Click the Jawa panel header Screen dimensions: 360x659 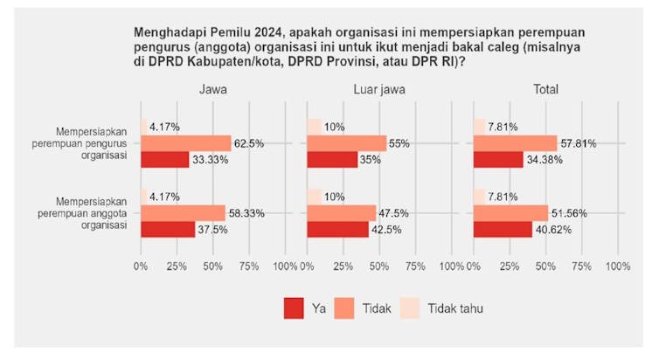[x=212, y=90]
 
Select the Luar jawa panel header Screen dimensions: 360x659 [x=378, y=90]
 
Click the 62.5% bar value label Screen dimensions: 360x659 [x=250, y=143]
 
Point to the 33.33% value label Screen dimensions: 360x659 [x=210, y=160]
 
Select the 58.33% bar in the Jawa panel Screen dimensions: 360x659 [x=183, y=212]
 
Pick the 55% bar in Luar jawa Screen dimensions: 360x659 [x=347, y=143]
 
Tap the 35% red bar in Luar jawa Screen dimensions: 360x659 [x=332, y=160]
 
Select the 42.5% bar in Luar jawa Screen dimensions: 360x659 [x=337, y=229]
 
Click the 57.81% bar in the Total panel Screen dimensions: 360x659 [x=515, y=143]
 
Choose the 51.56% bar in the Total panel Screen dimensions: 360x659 [x=510, y=212]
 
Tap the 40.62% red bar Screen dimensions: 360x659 [x=503, y=229]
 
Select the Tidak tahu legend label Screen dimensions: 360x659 [x=455, y=308]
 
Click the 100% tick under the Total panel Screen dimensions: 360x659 [x=618, y=266]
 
